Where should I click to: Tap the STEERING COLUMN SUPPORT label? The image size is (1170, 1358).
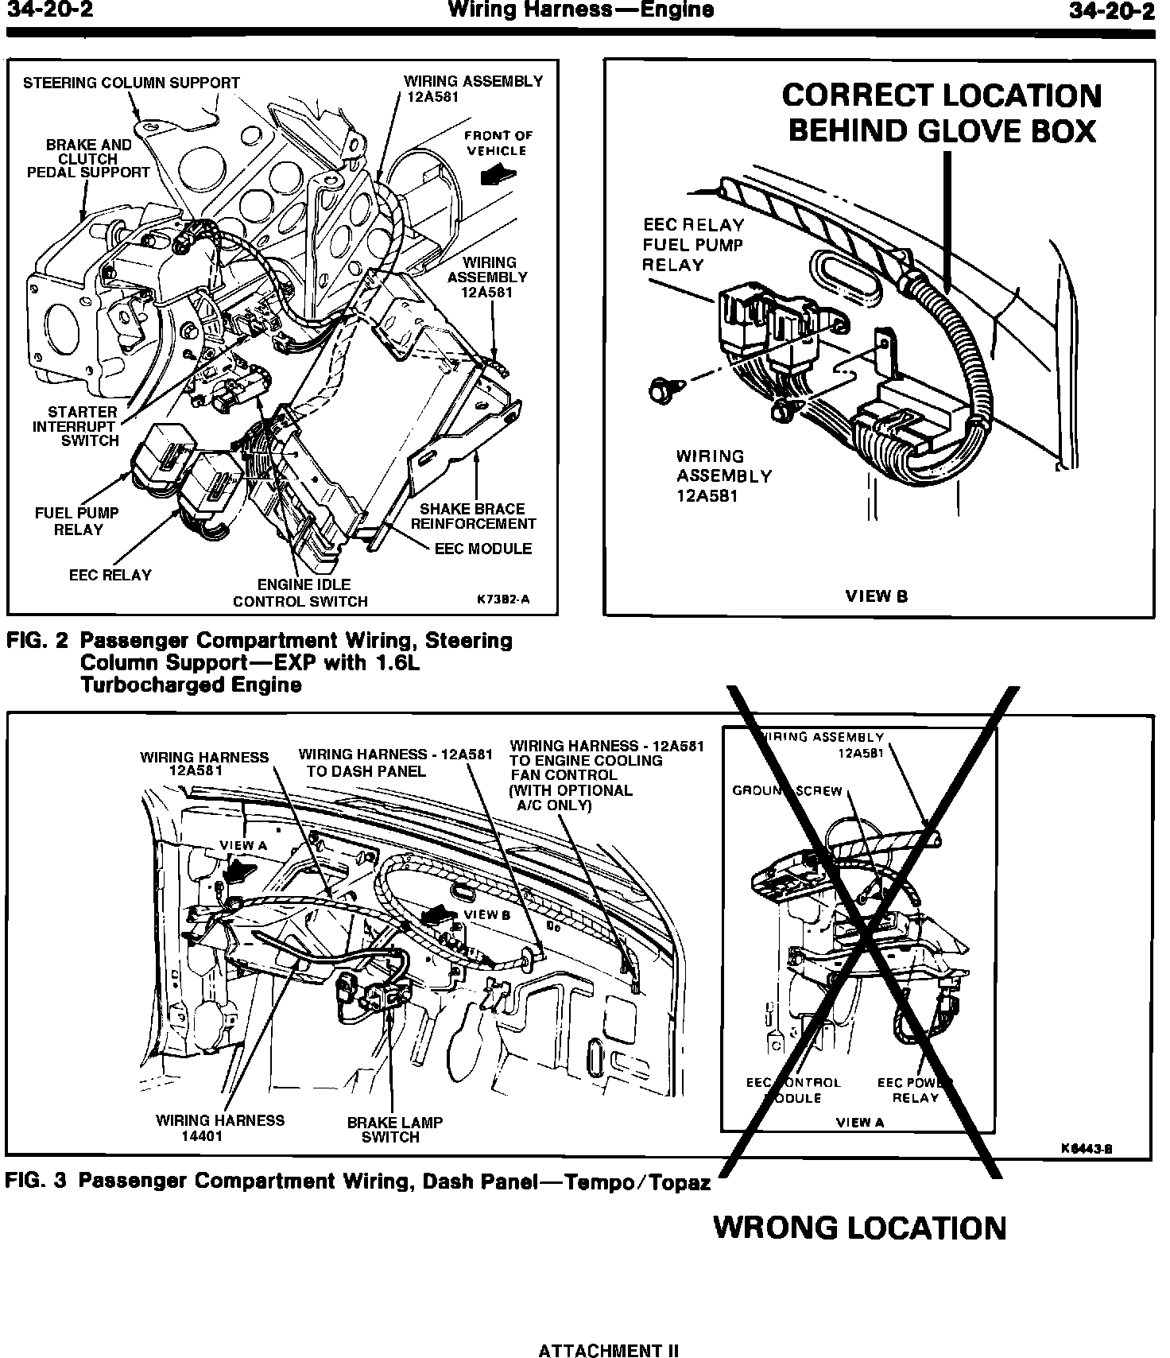click(x=131, y=83)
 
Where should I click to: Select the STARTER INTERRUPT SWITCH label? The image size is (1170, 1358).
click(x=77, y=426)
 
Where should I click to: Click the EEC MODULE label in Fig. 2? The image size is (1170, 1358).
click(x=483, y=549)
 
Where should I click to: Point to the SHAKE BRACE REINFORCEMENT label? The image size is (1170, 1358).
click(x=474, y=516)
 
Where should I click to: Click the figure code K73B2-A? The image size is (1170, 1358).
click(x=503, y=599)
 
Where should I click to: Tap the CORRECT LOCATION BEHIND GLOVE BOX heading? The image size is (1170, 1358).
click(x=942, y=113)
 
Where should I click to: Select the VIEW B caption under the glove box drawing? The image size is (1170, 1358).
click(x=877, y=596)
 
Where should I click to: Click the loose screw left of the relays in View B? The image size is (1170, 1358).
click(x=659, y=390)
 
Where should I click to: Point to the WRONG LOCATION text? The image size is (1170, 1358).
click(x=860, y=1228)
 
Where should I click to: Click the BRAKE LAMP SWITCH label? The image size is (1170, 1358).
click(x=394, y=1130)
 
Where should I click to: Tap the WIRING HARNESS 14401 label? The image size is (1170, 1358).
click(x=220, y=1128)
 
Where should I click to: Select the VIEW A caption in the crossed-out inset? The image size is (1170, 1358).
click(x=860, y=1123)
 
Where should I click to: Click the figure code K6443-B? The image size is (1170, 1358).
click(x=1086, y=1148)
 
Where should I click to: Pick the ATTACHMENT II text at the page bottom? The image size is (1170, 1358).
click(x=609, y=1350)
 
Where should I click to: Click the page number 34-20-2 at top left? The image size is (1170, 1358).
click(x=50, y=10)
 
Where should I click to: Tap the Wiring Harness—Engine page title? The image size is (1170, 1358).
click(x=581, y=10)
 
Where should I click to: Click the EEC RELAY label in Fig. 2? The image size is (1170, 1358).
click(x=110, y=575)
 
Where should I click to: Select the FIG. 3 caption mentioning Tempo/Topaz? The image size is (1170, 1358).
click(x=358, y=1181)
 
